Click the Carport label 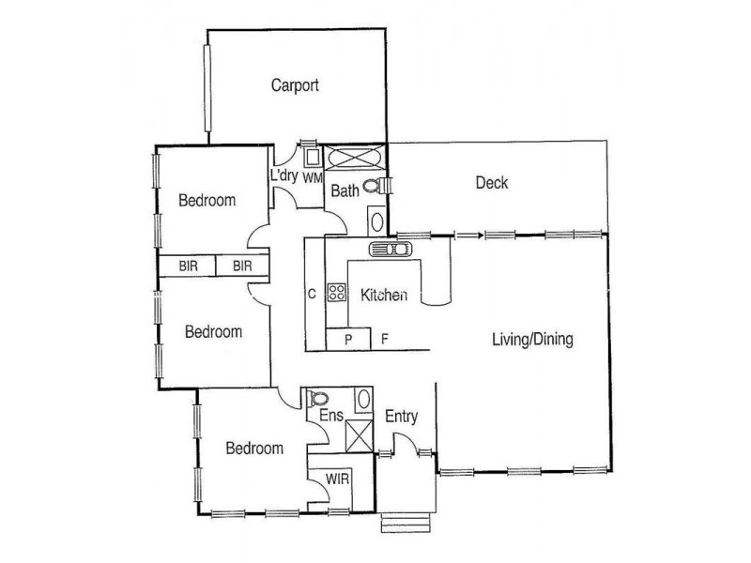(x=295, y=85)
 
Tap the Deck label (x=491, y=183)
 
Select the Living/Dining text (x=533, y=339)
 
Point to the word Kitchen (x=384, y=296)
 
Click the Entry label (x=401, y=417)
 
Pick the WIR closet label (x=338, y=479)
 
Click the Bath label (x=345, y=191)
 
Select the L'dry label (x=284, y=175)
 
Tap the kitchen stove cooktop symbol (x=336, y=292)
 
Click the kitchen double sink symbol (x=390, y=250)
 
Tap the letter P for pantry (x=347, y=340)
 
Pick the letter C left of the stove (x=311, y=293)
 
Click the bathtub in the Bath (x=355, y=156)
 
